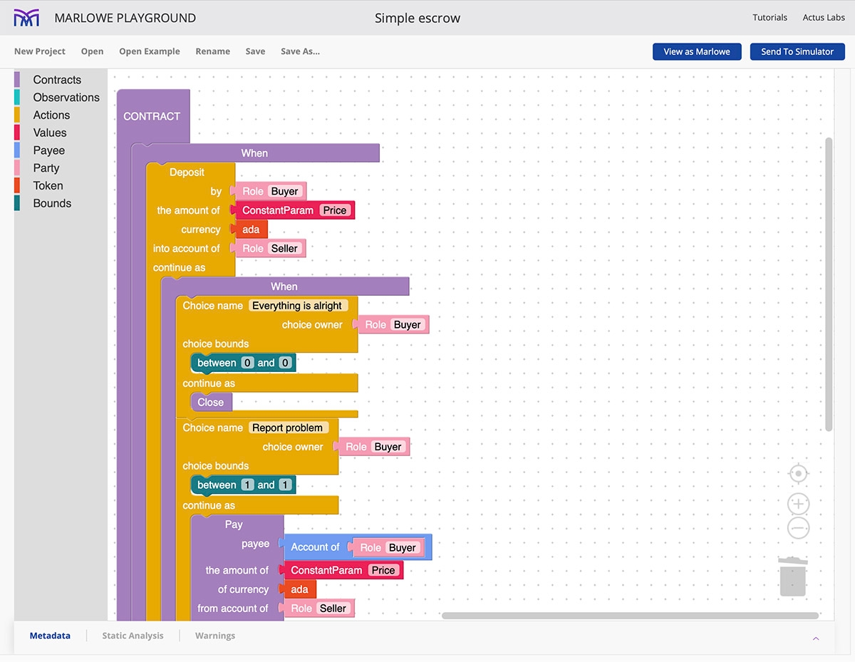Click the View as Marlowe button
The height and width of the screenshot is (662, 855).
coord(696,51)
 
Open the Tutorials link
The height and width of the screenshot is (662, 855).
coord(769,18)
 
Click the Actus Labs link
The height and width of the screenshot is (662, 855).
coord(824,18)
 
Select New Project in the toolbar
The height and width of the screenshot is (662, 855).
coord(40,51)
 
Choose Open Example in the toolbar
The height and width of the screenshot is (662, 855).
coord(150,51)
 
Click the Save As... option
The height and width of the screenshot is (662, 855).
coord(300,51)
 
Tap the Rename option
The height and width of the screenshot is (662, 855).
coord(212,51)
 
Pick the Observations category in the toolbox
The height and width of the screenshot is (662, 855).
coord(66,98)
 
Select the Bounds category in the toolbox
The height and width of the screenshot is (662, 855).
coord(52,203)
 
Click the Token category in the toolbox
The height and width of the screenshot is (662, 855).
coord(48,186)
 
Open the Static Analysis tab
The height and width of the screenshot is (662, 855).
coord(133,636)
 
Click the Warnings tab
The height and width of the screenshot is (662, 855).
coord(215,636)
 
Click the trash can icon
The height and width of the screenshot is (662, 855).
coord(792,577)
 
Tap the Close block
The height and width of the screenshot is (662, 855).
coord(211,402)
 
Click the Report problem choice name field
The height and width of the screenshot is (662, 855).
coord(288,428)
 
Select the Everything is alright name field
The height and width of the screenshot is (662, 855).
coord(297,306)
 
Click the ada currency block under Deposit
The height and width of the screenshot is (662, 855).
coord(252,229)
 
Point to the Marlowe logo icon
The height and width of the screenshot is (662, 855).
coord(27,18)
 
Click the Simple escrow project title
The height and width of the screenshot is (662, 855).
coord(418,18)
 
